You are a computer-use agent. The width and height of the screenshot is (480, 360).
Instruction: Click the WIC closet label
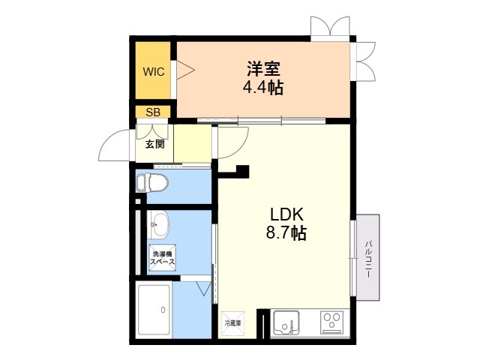coord(154,72)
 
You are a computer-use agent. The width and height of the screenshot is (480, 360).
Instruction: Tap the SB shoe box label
coord(153,112)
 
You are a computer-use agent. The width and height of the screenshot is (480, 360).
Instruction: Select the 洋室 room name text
coord(263,69)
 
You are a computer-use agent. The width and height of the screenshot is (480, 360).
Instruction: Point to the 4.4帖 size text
coord(263,87)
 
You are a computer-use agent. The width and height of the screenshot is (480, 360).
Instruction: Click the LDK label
coord(286,214)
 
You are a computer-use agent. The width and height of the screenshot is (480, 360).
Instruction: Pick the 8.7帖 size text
coord(286,232)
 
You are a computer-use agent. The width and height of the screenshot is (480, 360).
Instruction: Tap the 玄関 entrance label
coord(155,144)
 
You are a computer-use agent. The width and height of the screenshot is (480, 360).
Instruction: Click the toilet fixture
coord(152,183)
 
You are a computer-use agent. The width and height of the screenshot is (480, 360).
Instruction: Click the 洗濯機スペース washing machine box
coord(163,258)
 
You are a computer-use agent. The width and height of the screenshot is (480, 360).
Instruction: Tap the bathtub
coord(154,310)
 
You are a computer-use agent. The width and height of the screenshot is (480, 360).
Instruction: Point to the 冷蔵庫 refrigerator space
coord(233,323)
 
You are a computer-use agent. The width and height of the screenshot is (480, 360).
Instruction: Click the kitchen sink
coord(286,322)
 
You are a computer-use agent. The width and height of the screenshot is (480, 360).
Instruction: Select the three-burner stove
coord(331,322)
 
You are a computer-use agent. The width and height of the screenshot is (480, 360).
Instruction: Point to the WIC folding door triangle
coord(185,70)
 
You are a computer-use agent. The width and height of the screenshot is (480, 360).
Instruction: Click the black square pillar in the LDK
coord(243,172)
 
